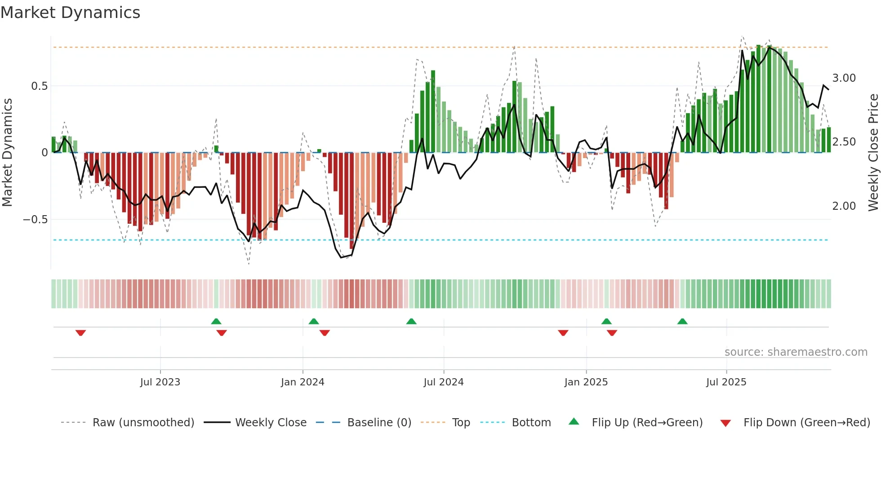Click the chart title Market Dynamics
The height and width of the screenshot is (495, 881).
point(70,13)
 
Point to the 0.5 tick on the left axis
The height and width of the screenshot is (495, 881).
point(39,86)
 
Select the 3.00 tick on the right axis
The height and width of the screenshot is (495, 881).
point(844,78)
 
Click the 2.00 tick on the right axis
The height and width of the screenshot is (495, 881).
point(844,206)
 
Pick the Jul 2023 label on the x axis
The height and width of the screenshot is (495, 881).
point(160,382)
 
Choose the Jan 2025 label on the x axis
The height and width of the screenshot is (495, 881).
point(586,382)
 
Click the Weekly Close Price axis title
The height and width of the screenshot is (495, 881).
point(873,152)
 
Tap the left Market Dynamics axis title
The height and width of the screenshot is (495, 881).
point(7,152)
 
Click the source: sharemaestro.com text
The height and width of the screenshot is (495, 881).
point(796,352)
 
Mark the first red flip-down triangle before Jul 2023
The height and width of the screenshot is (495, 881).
point(80,333)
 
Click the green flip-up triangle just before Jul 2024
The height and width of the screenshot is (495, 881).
point(411,321)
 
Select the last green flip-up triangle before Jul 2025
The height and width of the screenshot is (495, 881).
point(682,321)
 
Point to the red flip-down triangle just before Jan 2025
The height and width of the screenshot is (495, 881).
point(563,333)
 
